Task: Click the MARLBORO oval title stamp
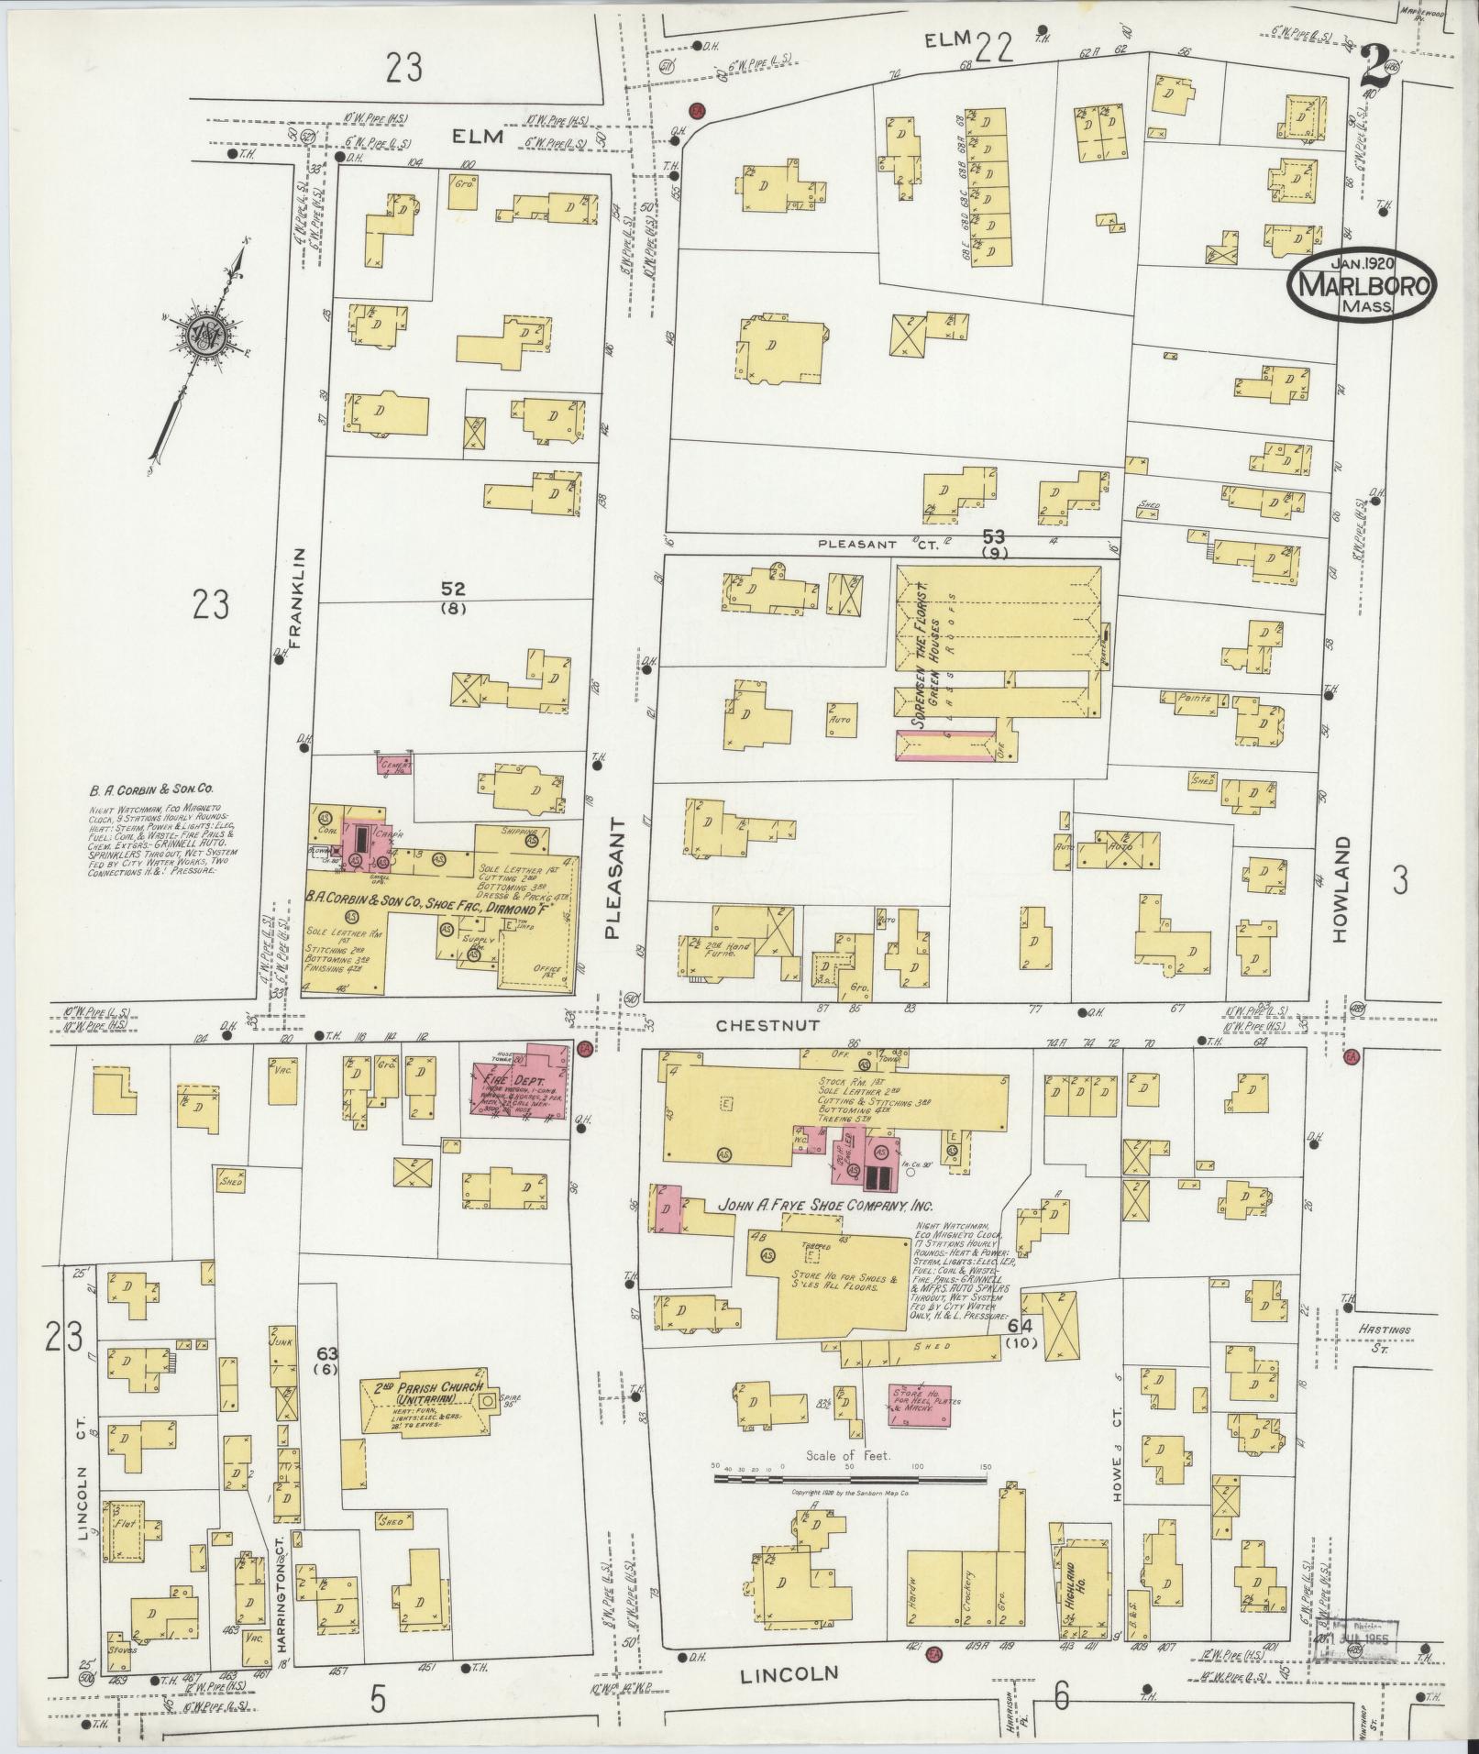(1363, 286)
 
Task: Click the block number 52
(453, 589)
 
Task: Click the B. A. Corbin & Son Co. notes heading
(151, 787)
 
